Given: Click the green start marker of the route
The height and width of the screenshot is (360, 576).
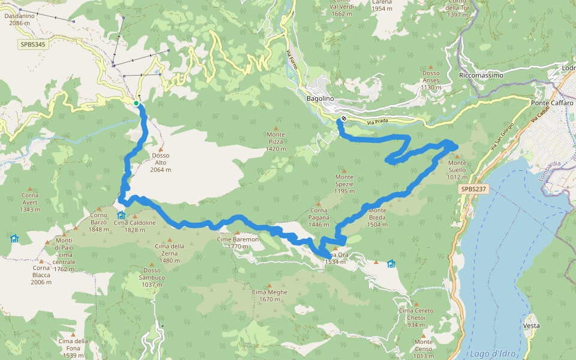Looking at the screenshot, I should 136,104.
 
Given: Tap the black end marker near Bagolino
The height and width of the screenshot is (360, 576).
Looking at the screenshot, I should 343,118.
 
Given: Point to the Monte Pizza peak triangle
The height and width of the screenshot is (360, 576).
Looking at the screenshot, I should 276,128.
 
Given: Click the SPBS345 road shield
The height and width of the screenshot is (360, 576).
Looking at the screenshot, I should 31,44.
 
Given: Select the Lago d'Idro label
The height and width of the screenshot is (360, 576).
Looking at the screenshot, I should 489,353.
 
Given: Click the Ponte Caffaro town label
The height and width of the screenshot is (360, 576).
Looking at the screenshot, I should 553,103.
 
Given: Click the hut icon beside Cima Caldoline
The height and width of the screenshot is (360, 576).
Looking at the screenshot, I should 121,215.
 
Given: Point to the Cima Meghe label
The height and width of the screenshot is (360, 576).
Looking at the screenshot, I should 269,295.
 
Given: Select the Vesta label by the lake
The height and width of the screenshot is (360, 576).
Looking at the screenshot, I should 531,326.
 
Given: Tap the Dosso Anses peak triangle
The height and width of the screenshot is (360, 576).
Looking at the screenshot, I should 431,67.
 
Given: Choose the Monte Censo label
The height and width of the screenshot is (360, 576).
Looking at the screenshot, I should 423,345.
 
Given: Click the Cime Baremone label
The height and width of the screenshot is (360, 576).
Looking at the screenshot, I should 238,242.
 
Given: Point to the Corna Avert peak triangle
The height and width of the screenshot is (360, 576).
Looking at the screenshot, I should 30,189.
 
